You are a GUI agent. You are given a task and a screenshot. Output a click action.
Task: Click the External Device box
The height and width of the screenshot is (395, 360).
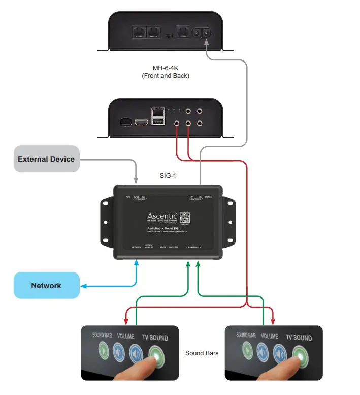46,159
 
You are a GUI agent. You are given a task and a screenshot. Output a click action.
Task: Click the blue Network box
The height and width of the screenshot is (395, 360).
46,286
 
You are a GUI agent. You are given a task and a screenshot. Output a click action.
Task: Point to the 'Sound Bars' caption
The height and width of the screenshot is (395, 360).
202,353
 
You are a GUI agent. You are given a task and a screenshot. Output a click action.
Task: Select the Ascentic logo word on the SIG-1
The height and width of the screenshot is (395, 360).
162,217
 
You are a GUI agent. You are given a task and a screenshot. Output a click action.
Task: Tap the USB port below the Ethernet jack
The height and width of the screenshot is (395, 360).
158,121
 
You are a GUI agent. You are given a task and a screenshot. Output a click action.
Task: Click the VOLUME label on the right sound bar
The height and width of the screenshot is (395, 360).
269,336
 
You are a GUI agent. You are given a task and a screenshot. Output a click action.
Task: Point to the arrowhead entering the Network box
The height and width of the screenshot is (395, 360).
83,286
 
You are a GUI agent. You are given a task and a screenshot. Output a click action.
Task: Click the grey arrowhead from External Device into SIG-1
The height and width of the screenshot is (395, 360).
136,180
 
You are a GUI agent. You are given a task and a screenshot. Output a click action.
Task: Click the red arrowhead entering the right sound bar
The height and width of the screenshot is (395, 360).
274,321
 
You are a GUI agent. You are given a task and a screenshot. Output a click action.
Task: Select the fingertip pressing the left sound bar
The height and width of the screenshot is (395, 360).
150,362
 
